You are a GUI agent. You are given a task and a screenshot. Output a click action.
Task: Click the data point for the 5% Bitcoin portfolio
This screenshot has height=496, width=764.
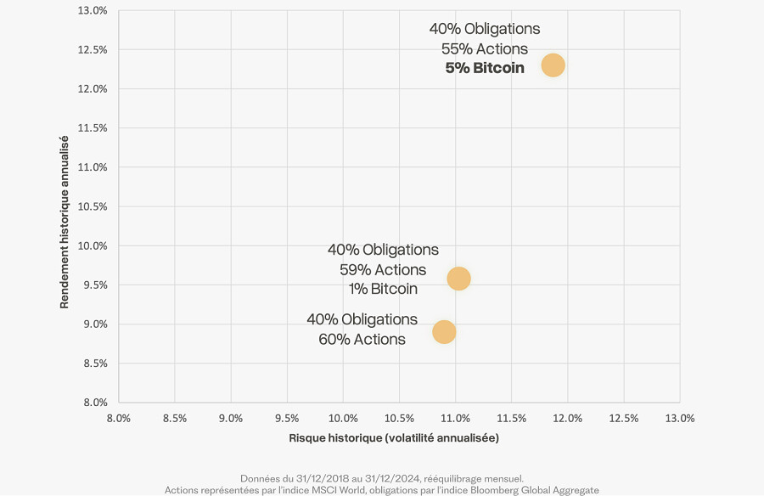[553, 65]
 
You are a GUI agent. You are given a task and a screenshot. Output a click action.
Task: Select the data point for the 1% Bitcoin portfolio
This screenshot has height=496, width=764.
[458, 279]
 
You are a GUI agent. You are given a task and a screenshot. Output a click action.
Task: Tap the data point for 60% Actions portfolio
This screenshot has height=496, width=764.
[443, 332]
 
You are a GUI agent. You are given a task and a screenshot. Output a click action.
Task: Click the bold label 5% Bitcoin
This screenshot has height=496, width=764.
[485, 68]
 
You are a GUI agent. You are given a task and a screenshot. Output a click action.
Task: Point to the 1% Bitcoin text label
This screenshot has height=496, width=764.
[383, 289]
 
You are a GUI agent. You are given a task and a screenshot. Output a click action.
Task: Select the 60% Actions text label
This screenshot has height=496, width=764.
[362, 339]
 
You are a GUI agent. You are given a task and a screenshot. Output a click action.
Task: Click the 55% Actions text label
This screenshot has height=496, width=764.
[485, 48]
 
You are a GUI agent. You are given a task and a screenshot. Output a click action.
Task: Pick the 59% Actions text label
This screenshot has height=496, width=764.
[383, 269]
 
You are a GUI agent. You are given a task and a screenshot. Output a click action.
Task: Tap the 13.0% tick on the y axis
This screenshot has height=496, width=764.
[93, 10]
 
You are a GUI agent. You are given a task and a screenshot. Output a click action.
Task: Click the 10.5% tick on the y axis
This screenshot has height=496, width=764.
[93, 206]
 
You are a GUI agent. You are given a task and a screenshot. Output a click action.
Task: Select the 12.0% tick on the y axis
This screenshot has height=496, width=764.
[93, 89]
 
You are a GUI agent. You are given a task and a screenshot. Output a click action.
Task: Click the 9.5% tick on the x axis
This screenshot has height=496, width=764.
[287, 419]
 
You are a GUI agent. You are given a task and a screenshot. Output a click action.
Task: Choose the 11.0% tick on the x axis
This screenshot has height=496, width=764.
[455, 419]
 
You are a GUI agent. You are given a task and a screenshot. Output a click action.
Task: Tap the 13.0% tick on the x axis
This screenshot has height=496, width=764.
[680, 419]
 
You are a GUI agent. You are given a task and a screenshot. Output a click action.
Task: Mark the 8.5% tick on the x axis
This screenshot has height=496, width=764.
[174, 419]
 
